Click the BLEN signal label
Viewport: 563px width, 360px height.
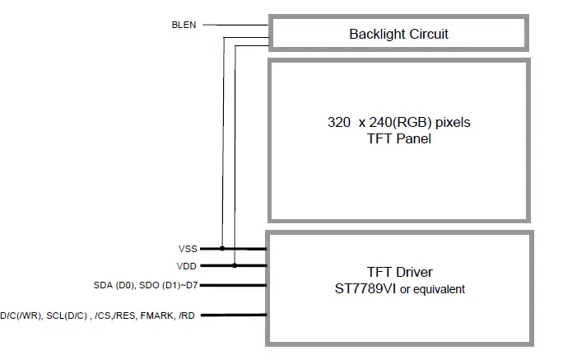coord(184,25)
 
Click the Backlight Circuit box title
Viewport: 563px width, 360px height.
coord(398,34)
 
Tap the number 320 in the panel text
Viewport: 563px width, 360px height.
coord(339,123)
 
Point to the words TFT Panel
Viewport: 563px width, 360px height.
coord(398,138)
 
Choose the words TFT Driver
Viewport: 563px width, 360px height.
coord(399,273)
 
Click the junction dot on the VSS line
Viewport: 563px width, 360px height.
coord(221,247)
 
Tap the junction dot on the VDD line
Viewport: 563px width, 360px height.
coord(235,265)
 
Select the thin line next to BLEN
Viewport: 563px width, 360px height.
coord(212,25)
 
